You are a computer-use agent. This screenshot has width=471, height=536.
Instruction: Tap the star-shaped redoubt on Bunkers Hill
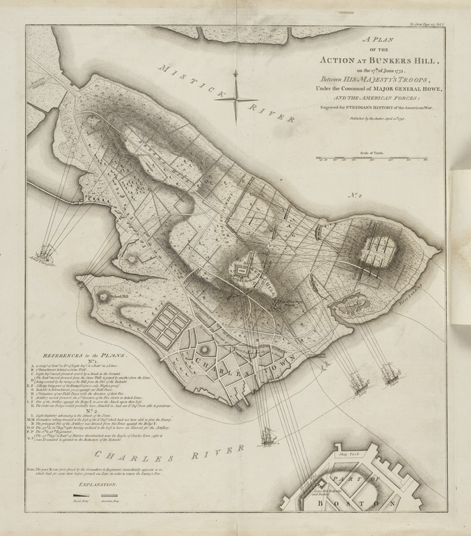point(253,269)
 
